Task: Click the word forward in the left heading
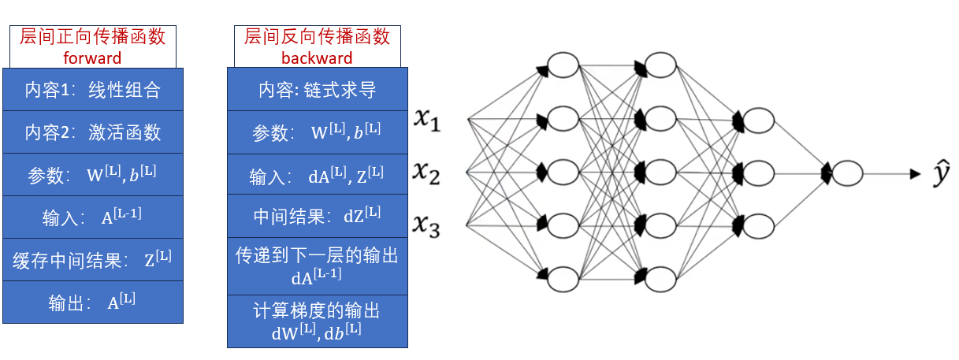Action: [x=92, y=58]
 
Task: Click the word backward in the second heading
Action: [x=317, y=58]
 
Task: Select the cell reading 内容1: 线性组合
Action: [x=92, y=90]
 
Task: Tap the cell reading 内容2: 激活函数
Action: [x=92, y=132]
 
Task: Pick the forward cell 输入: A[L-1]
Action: [x=92, y=217]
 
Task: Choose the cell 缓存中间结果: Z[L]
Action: [x=92, y=260]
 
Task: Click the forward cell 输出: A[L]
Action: [x=92, y=302]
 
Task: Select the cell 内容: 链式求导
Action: [x=317, y=90]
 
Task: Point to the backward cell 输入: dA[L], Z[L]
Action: [x=317, y=175]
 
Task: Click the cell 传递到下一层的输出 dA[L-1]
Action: [x=317, y=265]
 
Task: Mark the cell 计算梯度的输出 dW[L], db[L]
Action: [x=317, y=321]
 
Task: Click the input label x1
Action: [x=429, y=121]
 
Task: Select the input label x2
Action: [x=429, y=172]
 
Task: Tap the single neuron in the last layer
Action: [x=847, y=173]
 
